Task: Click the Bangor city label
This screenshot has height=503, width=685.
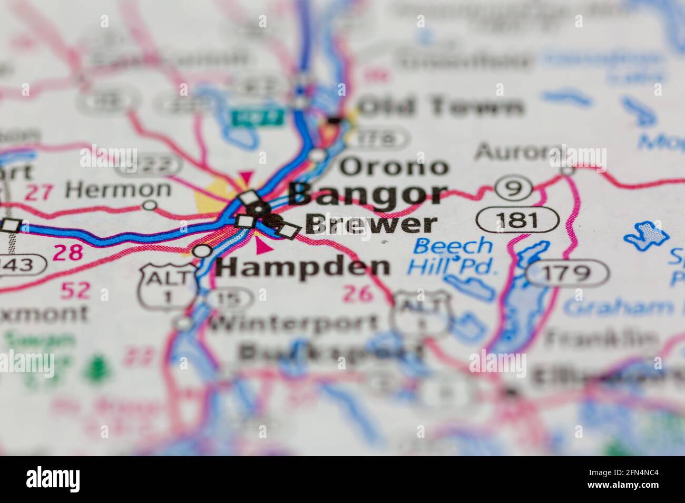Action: click(368, 194)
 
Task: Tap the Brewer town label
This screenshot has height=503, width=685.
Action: click(371, 224)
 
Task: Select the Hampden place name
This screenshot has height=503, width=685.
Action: click(304, 267)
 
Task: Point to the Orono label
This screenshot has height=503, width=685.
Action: click(394, 167)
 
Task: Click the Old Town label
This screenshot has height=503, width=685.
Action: click(442, 107)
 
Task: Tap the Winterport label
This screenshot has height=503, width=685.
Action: click(294, 322)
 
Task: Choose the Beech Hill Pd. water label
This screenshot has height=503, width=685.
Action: click(452, 256)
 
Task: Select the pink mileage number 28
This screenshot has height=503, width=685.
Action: click(68, 253)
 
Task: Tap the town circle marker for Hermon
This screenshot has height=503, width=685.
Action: click(151, 205)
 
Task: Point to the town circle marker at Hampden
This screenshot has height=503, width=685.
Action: click(202, 252)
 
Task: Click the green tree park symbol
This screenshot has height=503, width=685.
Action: click(96, 368)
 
